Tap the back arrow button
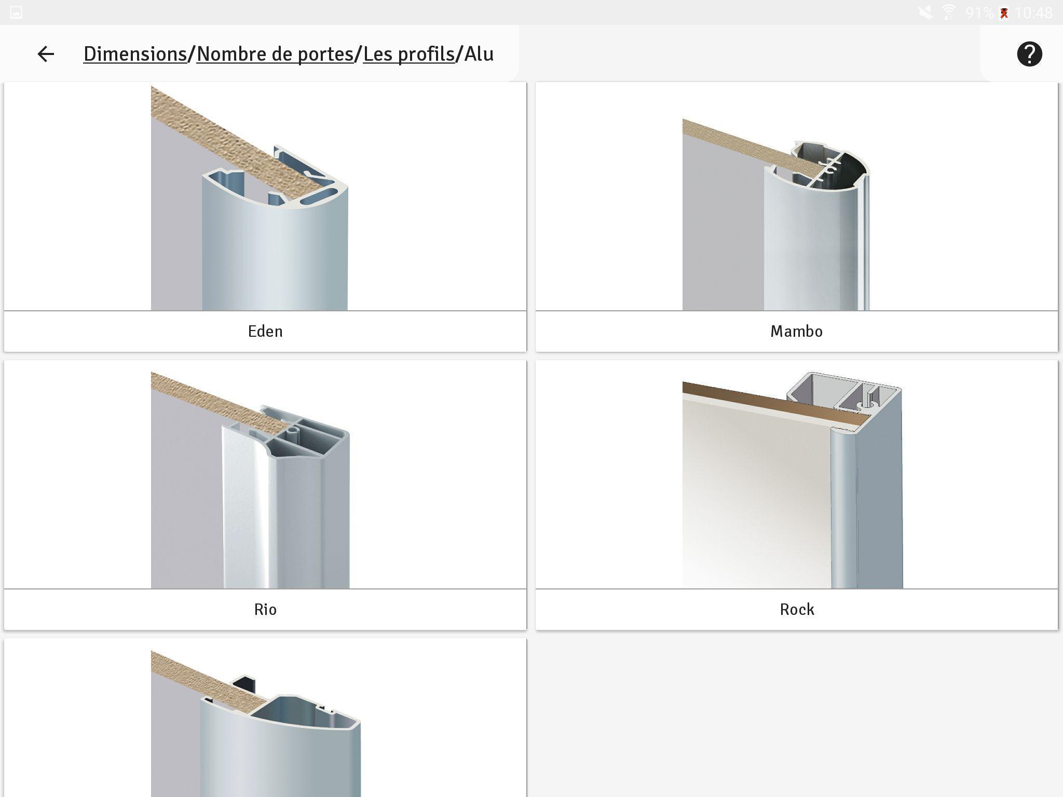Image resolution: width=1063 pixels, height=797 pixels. (46, 54)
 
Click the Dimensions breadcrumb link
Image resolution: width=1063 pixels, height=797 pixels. (135, 54)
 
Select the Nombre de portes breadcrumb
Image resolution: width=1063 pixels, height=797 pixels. (275, 54)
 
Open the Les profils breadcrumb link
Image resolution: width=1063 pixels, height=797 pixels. (408, 54)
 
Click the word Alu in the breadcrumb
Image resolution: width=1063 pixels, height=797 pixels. (479, 54)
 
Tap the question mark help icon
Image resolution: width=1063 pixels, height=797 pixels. (1029, 54)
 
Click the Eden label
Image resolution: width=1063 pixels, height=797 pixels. (265, 332)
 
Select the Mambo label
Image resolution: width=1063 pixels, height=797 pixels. (796, 332)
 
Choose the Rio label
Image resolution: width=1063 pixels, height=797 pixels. (265, 610)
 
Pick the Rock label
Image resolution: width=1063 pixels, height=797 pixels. (796, 610)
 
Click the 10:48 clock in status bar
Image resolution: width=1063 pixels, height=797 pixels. (1033, 12)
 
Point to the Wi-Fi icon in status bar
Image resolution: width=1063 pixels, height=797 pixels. (948, 12)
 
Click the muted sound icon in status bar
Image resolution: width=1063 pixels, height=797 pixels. (925, 12)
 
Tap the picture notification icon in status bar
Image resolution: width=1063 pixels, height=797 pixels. (16, 12)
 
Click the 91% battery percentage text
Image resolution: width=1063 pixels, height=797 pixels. (979, 12)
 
